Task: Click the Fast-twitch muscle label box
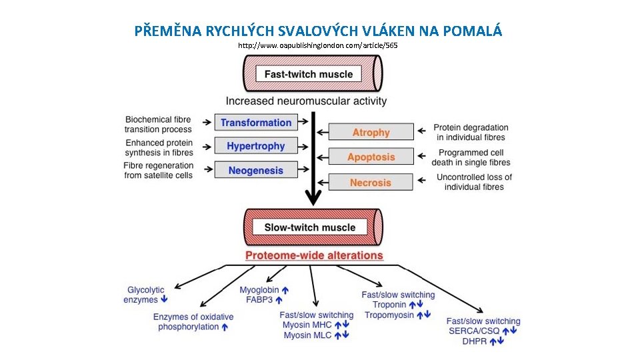pos(309,74)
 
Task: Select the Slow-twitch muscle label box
pos(310,227)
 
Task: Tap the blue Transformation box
pos(256,123)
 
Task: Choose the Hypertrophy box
pos(255,146)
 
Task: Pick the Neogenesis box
pos(255,170)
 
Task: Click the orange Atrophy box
pos(371,133)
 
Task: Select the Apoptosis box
pos(371,157)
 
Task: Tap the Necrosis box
pos(371,182)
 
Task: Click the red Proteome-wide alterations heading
pos(314,255)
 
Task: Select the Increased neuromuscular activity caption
pos(306,101)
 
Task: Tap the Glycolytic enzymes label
pos(145,295)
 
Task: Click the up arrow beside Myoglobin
pos(285,290)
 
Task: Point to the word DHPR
pos(475,341)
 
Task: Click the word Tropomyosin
pos(389,315)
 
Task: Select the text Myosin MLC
pos(307,335)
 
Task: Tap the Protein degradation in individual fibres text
pos(471,132)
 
